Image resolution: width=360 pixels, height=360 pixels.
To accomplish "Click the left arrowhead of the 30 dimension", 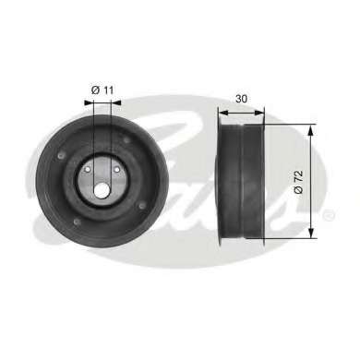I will [x=222, y=113].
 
